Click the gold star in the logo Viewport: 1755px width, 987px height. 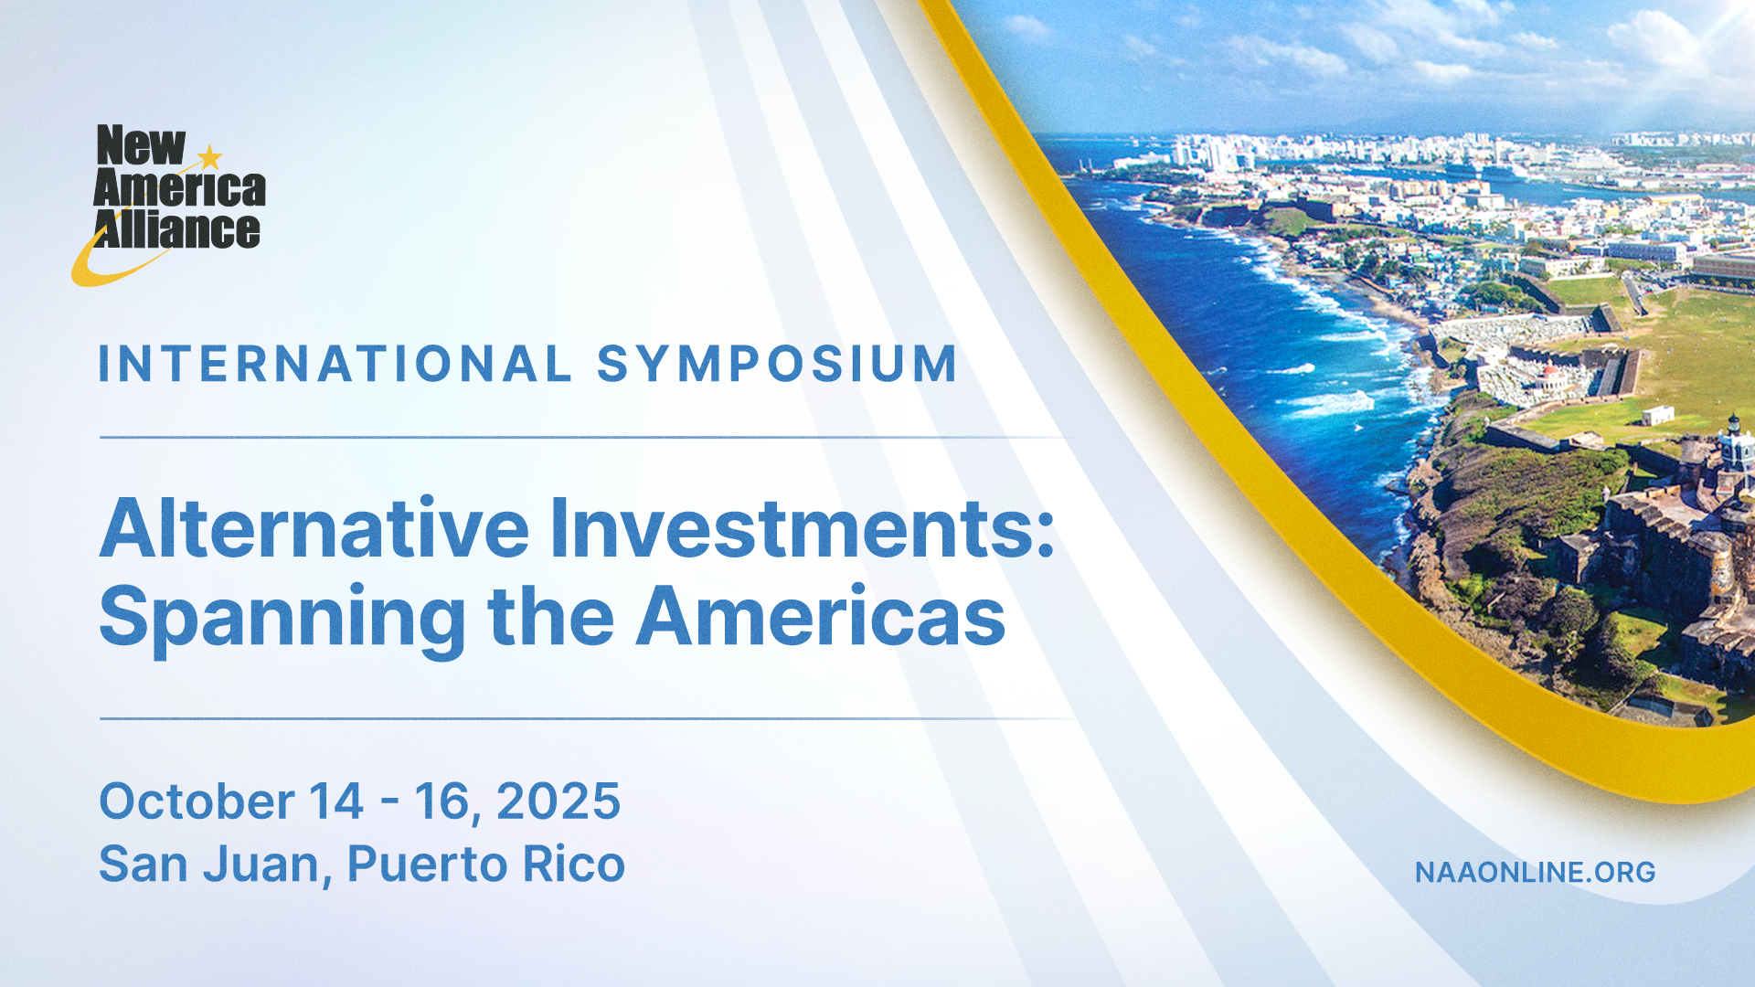click(210, 157)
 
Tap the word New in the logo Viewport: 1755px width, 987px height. click(141, 146)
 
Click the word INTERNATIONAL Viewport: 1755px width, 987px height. click(335, 364)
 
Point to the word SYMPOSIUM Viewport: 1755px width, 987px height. click(777, 364)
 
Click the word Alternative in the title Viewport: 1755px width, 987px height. click(314, 528)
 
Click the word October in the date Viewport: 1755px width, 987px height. click(197, 801)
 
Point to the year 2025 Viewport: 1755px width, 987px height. click(558, 801)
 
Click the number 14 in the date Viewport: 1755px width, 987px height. click(335, 801)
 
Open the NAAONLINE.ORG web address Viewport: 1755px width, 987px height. click(1536, 872)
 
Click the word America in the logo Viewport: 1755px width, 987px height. click(179, 187)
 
